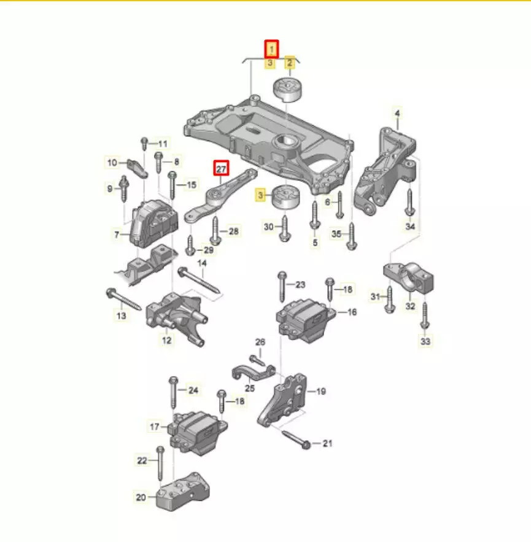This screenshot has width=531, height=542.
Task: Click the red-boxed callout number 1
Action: coord(271,50)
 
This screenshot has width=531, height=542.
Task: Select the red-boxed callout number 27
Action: coord(221,168)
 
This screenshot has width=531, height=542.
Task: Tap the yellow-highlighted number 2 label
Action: coord(289,63)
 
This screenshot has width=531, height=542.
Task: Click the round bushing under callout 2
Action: coord(288,90)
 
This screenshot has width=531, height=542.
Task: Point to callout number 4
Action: coord(397,114)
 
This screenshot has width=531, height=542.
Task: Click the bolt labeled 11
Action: coord(144,144)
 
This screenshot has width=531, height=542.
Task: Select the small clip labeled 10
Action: coord(138,168)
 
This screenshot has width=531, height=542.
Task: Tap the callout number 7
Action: coord(117,235)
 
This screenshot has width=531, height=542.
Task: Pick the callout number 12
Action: coord(166,341)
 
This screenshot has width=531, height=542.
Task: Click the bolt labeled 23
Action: coord(282,287)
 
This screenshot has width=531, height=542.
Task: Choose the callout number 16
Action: coord(352,312)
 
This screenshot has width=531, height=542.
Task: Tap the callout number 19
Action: coord(321,391)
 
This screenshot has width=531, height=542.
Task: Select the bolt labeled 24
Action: coord(173,392)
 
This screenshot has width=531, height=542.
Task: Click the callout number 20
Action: coord(141,497)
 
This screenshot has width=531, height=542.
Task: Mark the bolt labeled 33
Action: coord(425,316)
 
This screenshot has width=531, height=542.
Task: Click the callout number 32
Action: coord(410,306)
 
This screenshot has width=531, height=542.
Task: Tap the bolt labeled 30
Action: coord(284,228)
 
